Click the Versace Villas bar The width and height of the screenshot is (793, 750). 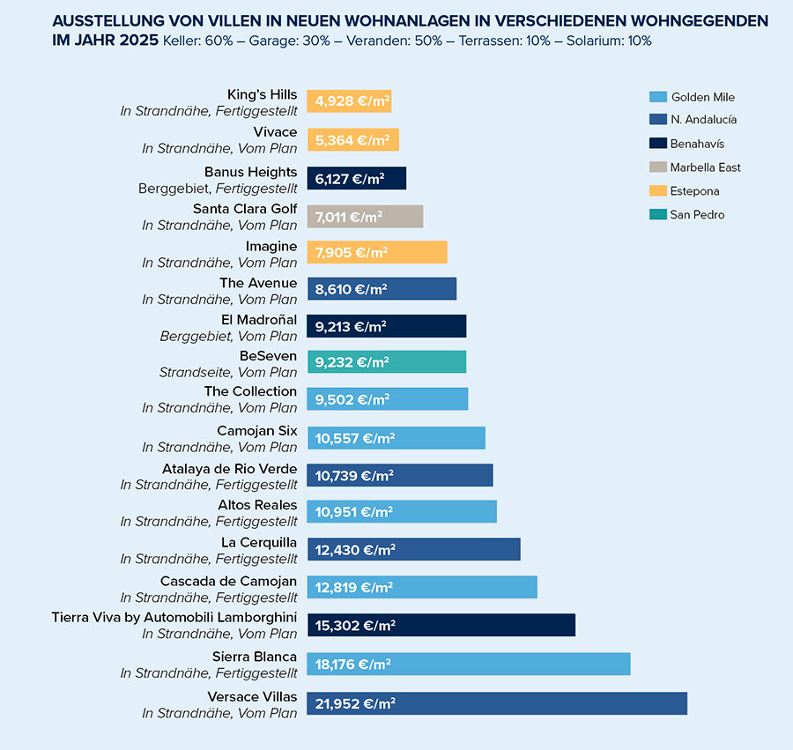pyautogui.click(x=496, y=703)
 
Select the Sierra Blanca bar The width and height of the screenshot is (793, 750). pyautogui.click(x=468, y=664)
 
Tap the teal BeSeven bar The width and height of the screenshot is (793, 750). pyautogui.click(x=386, y=361)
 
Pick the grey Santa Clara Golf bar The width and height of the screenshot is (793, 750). pyautogui.click(x=365, y=217)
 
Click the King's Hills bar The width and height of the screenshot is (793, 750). pyautogui.click(x=349, y=101)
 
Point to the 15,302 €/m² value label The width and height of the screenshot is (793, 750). pyautogui.click(x=355, y=626)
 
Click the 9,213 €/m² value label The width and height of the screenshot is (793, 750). pyautogui.click(x=351, y=326)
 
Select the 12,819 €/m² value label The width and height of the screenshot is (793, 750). pyautogui.click(x=354, y=587)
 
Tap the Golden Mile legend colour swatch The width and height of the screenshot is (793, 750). pyautogui.click(x=656, y=97)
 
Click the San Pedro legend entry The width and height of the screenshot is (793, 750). pyautogui.click(x=696, y=214)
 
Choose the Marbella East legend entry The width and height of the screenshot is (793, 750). pyautogui.click(x=705, y=167)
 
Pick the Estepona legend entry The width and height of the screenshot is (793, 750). pyautogui.click(x=694, y=191)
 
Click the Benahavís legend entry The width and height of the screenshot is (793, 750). pyautogui.click(x=696, y=144)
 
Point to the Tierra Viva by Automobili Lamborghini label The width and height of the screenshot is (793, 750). pyautogui.click(x=174, y=617)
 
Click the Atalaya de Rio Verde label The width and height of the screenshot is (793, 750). pyautogui.click(x=229, y=469)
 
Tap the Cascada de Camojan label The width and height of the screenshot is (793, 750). pyautogui.click(x=228, y=581)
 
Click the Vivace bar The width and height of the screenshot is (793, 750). pyautogui.click(x=352, y=140)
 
